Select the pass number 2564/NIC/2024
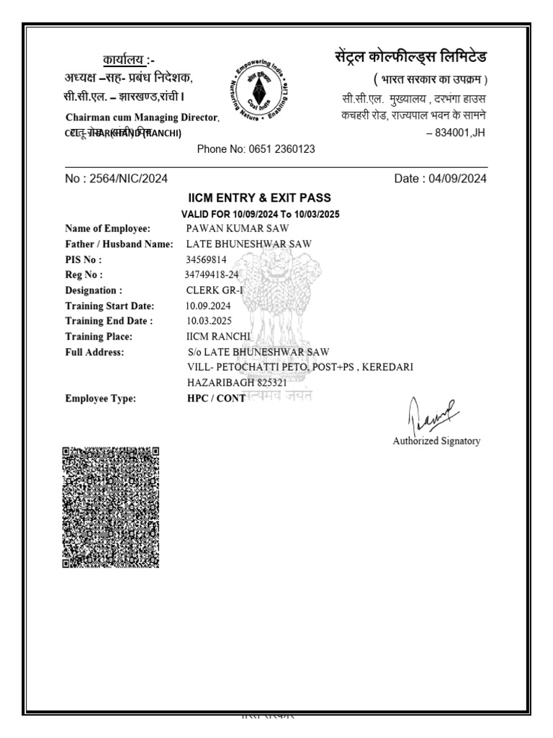pos(116,179)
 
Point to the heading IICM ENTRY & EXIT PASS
pos(259,198)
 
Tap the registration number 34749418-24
pos(212,275)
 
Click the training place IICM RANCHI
pos(218,337)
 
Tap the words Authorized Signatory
pos(436,441)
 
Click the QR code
pos(110,507)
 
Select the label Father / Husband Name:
pos(120,244)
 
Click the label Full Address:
pos(94,352)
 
